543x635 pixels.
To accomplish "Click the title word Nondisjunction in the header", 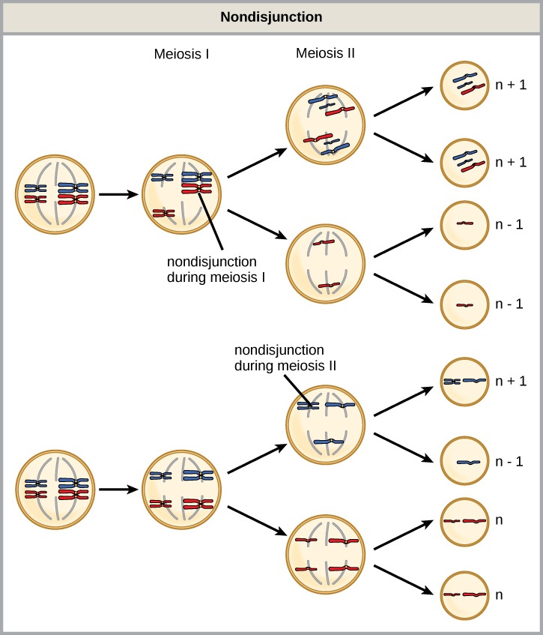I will tap(271, 16).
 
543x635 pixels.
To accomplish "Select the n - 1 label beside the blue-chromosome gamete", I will tap(512, 462).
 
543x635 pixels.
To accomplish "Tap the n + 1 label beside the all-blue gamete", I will tap(512, 381).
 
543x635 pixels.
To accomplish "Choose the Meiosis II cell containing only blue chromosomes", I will tap(326, 424).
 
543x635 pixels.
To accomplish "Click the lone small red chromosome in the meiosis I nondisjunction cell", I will tap(163, 214).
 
